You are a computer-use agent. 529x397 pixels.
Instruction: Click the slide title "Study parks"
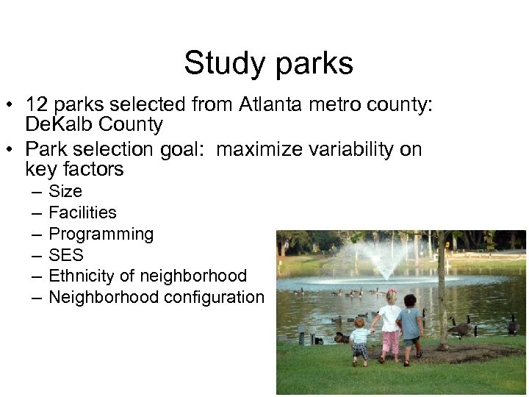[268, 63]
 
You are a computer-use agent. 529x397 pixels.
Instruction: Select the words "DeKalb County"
[93, 124]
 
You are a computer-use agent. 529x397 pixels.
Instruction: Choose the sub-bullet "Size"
[65, 191]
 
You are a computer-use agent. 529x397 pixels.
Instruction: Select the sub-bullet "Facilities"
[82, 212]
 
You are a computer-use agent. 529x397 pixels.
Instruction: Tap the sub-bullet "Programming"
[101, 235]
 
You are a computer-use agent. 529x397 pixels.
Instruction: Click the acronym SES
[66, 255]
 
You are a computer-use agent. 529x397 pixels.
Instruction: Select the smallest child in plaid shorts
[359, 340]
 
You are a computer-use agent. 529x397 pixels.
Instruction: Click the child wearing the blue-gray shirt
[411, 327]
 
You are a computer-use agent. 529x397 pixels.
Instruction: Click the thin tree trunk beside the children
[442, 294]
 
